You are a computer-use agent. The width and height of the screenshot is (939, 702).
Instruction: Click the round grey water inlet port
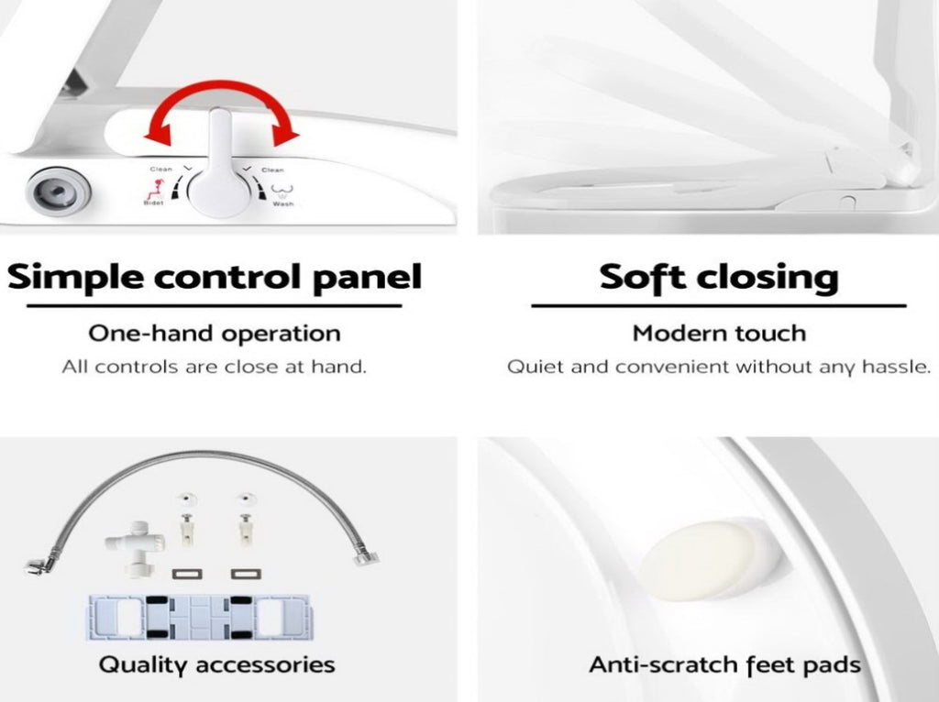pos(58,192)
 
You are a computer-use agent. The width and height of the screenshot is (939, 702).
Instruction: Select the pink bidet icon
pos(154,191)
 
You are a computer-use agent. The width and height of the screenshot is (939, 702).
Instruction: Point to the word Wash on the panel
pos(282,204)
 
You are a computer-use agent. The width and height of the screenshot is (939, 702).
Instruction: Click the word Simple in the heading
pos(75,278)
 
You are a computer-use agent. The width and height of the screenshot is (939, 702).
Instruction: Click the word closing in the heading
pos(768,278)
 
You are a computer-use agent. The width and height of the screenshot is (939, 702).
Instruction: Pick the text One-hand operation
pos(215,334)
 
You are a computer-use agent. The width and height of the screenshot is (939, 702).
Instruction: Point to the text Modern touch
pos(719,334)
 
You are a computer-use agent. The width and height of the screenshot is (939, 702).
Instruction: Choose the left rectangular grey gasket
pos(187,574)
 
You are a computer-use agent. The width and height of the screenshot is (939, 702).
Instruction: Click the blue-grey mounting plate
pos(199,618)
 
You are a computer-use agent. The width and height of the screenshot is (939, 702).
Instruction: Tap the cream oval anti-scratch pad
pos(699,560)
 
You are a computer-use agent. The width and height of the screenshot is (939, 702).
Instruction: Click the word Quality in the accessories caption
pos(142,665)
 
